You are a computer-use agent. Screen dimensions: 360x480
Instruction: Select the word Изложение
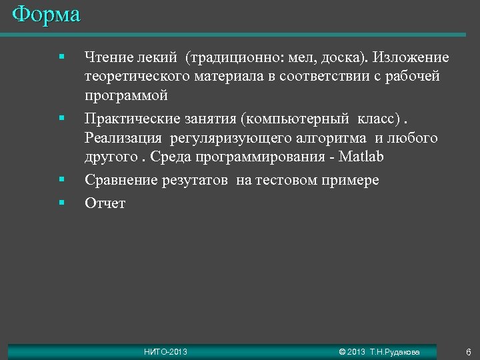tap(411, 58)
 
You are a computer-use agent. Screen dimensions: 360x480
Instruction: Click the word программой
tap(126, 96)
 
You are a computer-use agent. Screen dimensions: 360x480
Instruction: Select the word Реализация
tap(123, 138)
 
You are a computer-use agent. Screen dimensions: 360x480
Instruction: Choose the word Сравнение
tap(121, 180)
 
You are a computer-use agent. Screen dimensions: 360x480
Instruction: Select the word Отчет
tap(105, 203)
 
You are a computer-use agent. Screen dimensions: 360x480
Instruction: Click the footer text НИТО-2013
tap(166, 352)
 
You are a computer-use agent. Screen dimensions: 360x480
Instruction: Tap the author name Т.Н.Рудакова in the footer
tap(395, 352)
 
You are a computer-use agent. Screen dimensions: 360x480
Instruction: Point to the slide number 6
tap(469, 352)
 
